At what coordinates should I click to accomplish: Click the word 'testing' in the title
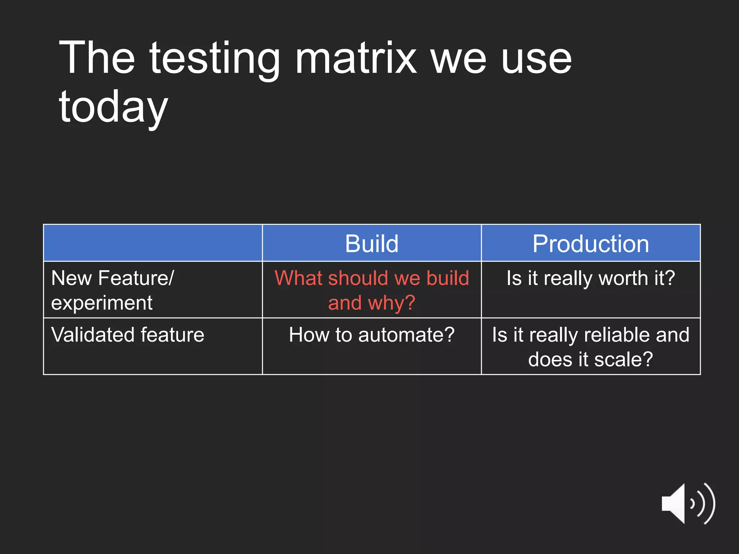[x=214, y=60]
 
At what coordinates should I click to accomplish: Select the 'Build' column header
[x=372, y=243]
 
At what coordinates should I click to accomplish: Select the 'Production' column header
[x=591, y=243]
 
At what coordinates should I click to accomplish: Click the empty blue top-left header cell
[x=153, y=243]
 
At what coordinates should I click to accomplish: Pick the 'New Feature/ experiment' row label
[x=112, y=290]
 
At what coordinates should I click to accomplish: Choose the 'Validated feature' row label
[x=128, y=335]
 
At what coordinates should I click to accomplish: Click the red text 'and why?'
[x=372, y=303]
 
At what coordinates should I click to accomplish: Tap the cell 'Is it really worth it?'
[x=591, y=278]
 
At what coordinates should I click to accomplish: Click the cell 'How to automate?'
[x=372, y=335]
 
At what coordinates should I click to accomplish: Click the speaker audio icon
[x=687, y=504]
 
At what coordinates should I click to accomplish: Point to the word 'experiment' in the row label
[x=102, y=303]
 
